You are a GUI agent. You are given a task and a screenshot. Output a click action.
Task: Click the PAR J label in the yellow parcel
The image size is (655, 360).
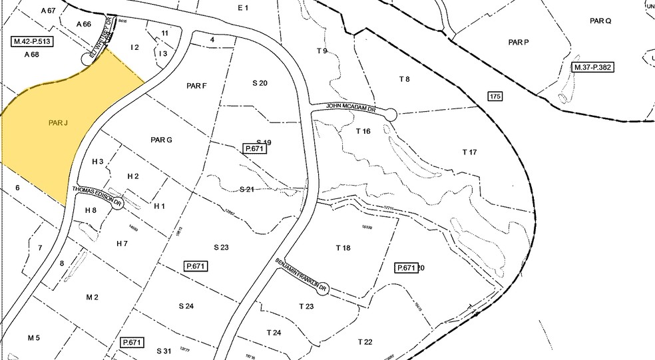tap(59, 122)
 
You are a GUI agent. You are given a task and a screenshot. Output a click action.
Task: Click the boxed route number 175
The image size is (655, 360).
tap(494, 97)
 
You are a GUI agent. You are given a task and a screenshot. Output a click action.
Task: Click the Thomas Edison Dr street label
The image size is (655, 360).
tap(99, 195)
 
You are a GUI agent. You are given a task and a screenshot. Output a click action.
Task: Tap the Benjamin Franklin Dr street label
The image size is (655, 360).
tap(302, 274)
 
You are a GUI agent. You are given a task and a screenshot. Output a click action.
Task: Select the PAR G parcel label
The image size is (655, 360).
tap(161, 140)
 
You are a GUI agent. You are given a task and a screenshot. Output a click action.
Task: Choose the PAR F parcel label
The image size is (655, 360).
tap(197, 86)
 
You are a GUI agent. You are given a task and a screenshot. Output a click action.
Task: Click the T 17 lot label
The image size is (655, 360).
tap(469, 152)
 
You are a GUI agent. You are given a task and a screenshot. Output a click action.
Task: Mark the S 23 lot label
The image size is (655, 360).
tap(221, 247)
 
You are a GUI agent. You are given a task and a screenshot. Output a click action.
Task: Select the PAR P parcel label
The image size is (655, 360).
tap(518, 42)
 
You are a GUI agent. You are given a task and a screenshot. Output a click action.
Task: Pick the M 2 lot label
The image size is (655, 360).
tap(92, 297)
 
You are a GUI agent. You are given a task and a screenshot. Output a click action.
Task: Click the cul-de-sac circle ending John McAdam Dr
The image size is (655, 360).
tap(390, 115)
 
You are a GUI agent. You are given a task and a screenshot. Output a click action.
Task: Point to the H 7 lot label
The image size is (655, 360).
tap(122, 244)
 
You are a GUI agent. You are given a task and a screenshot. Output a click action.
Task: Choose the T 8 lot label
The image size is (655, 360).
tap(404, 79)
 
